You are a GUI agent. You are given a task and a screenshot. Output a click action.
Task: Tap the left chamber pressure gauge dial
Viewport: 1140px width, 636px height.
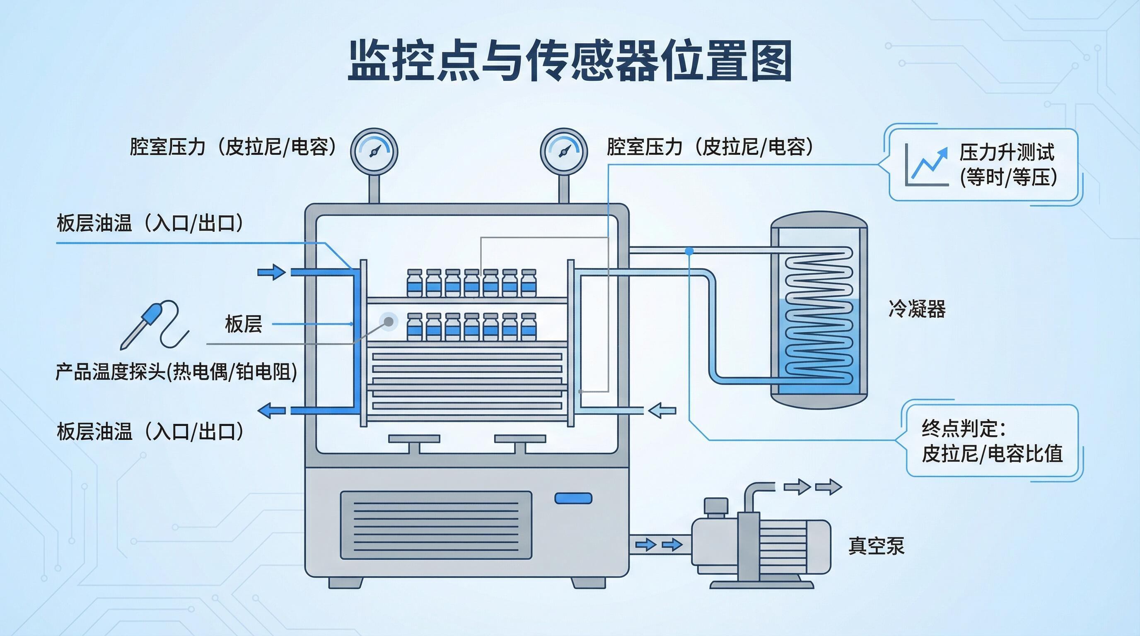(x=374, y=151)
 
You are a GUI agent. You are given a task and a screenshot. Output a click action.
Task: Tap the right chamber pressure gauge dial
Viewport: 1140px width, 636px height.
(x=563, y=151)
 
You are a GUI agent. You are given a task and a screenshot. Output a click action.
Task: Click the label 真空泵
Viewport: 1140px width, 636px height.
(x=876, y=545)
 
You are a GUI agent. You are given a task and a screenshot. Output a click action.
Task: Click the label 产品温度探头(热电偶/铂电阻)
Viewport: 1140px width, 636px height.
(x=176, y=371)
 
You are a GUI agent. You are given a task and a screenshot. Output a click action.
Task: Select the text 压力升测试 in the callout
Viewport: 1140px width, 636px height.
(x=1006, y=153)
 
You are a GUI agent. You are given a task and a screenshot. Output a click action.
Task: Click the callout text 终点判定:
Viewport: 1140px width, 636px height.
(x=963, y=428)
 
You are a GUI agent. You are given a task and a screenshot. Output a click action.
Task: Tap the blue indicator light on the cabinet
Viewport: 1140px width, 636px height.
(x=573, y=499)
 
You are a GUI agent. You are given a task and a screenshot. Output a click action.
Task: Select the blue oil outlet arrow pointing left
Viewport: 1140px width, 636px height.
(x=271, y=411)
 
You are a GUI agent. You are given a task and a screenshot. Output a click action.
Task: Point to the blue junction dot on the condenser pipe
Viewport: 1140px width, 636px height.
(x=689, y=251)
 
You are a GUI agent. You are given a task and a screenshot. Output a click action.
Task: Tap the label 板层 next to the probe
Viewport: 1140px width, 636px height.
(x=244, y=324)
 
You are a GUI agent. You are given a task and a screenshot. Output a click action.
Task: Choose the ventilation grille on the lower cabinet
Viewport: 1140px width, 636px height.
(x=436, y=525)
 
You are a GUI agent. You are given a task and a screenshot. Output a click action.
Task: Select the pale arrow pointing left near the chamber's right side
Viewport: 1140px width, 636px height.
(x=662, y=410)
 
